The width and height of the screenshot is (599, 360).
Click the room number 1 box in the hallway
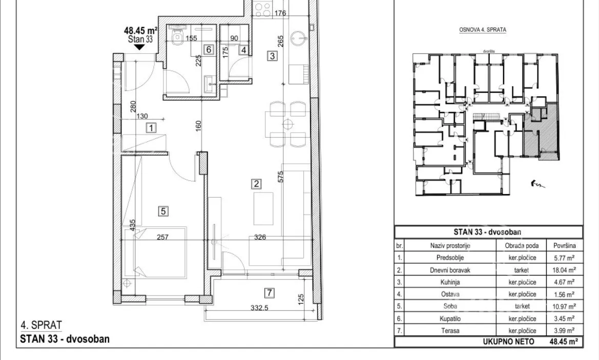(151, 128)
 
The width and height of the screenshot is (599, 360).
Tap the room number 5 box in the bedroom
(163, 211)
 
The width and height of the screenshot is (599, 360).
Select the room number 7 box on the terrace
(270, 293)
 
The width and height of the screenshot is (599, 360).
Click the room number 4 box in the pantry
(243, 50)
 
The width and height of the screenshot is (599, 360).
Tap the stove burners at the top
(262, 9)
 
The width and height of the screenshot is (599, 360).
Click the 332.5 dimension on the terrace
(259, 308)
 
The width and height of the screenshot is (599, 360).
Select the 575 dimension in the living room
(281, 176)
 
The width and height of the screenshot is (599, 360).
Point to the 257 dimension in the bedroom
(163, 237)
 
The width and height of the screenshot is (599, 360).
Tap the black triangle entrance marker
(139, 47)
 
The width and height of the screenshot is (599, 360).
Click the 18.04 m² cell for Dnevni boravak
(565, 270)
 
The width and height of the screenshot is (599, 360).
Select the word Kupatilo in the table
(450, 319)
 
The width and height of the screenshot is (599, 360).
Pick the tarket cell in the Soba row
(522, 306)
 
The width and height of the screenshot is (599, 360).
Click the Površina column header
(565, 245)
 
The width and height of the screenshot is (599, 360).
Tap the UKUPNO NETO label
(508, 342)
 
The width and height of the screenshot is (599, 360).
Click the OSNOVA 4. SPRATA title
(483, 29)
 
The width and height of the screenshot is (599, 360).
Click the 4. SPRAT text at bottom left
(41, 325)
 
